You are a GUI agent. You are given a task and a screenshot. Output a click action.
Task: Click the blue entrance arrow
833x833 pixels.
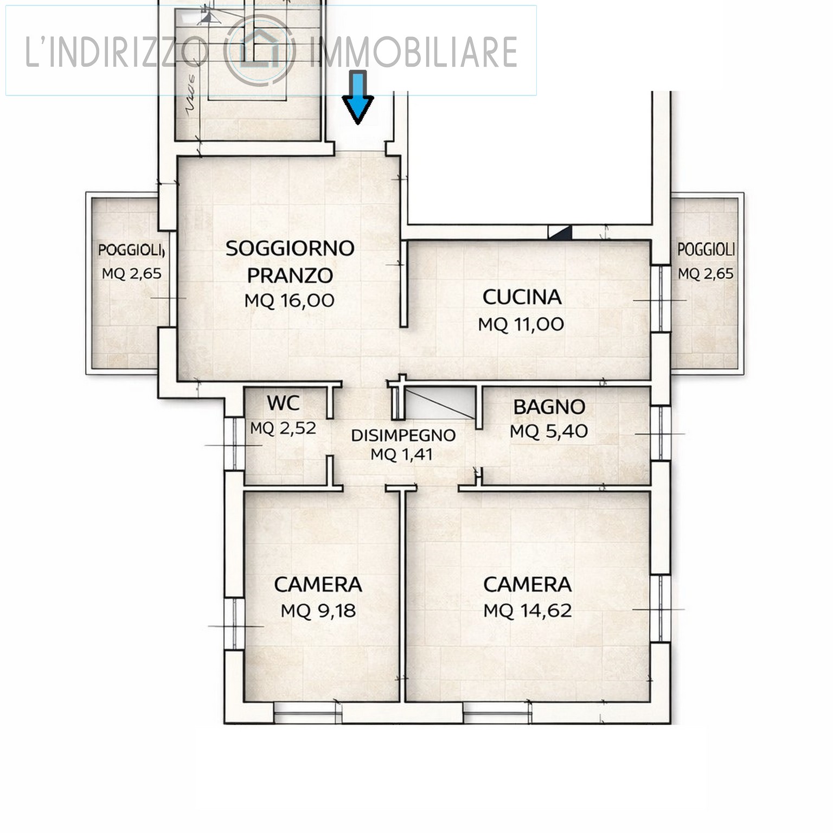[x=357, y=97]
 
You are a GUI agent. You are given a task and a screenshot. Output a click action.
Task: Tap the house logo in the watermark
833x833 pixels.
[x=260, y=50]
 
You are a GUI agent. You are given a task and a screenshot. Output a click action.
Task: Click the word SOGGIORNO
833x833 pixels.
[x=290, y=248]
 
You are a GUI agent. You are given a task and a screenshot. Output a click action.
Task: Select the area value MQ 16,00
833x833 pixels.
[x=289, y=300]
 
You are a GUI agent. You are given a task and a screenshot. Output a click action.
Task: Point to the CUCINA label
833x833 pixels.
[x=522, y=297]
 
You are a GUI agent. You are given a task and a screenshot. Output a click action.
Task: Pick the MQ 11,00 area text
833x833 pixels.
[x=521, y=324]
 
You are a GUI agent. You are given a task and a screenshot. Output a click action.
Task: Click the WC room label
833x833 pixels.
[x=283, y=403]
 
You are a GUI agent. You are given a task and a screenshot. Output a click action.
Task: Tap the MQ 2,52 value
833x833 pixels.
[x=283, y=428]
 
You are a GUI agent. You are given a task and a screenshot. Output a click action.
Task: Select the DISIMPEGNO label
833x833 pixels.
[x=403, y=435]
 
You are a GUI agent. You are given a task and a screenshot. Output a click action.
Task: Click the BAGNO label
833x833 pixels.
[x=549, y=407]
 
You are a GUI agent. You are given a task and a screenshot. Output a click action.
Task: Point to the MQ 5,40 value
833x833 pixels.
[x=549, y=432]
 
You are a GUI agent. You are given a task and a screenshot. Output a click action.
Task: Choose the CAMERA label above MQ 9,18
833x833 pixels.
[x=318, y=585]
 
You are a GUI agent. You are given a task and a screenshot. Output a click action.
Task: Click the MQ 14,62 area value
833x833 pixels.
[x=528, y=611]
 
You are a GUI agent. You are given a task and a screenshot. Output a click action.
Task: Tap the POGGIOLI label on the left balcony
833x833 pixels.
[x=131, y=251]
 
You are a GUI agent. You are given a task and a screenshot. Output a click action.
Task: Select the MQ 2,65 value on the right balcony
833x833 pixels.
[x=706, y=274]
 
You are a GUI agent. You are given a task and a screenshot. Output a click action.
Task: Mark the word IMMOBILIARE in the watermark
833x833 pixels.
[x=413, y=52]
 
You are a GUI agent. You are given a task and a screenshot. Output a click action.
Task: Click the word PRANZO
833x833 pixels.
[x=290, y=275]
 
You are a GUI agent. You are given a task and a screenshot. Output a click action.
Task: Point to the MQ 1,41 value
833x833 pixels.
[x=402, y=454]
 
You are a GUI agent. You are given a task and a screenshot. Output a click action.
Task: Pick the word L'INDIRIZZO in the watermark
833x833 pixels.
[x=117, y=52]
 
